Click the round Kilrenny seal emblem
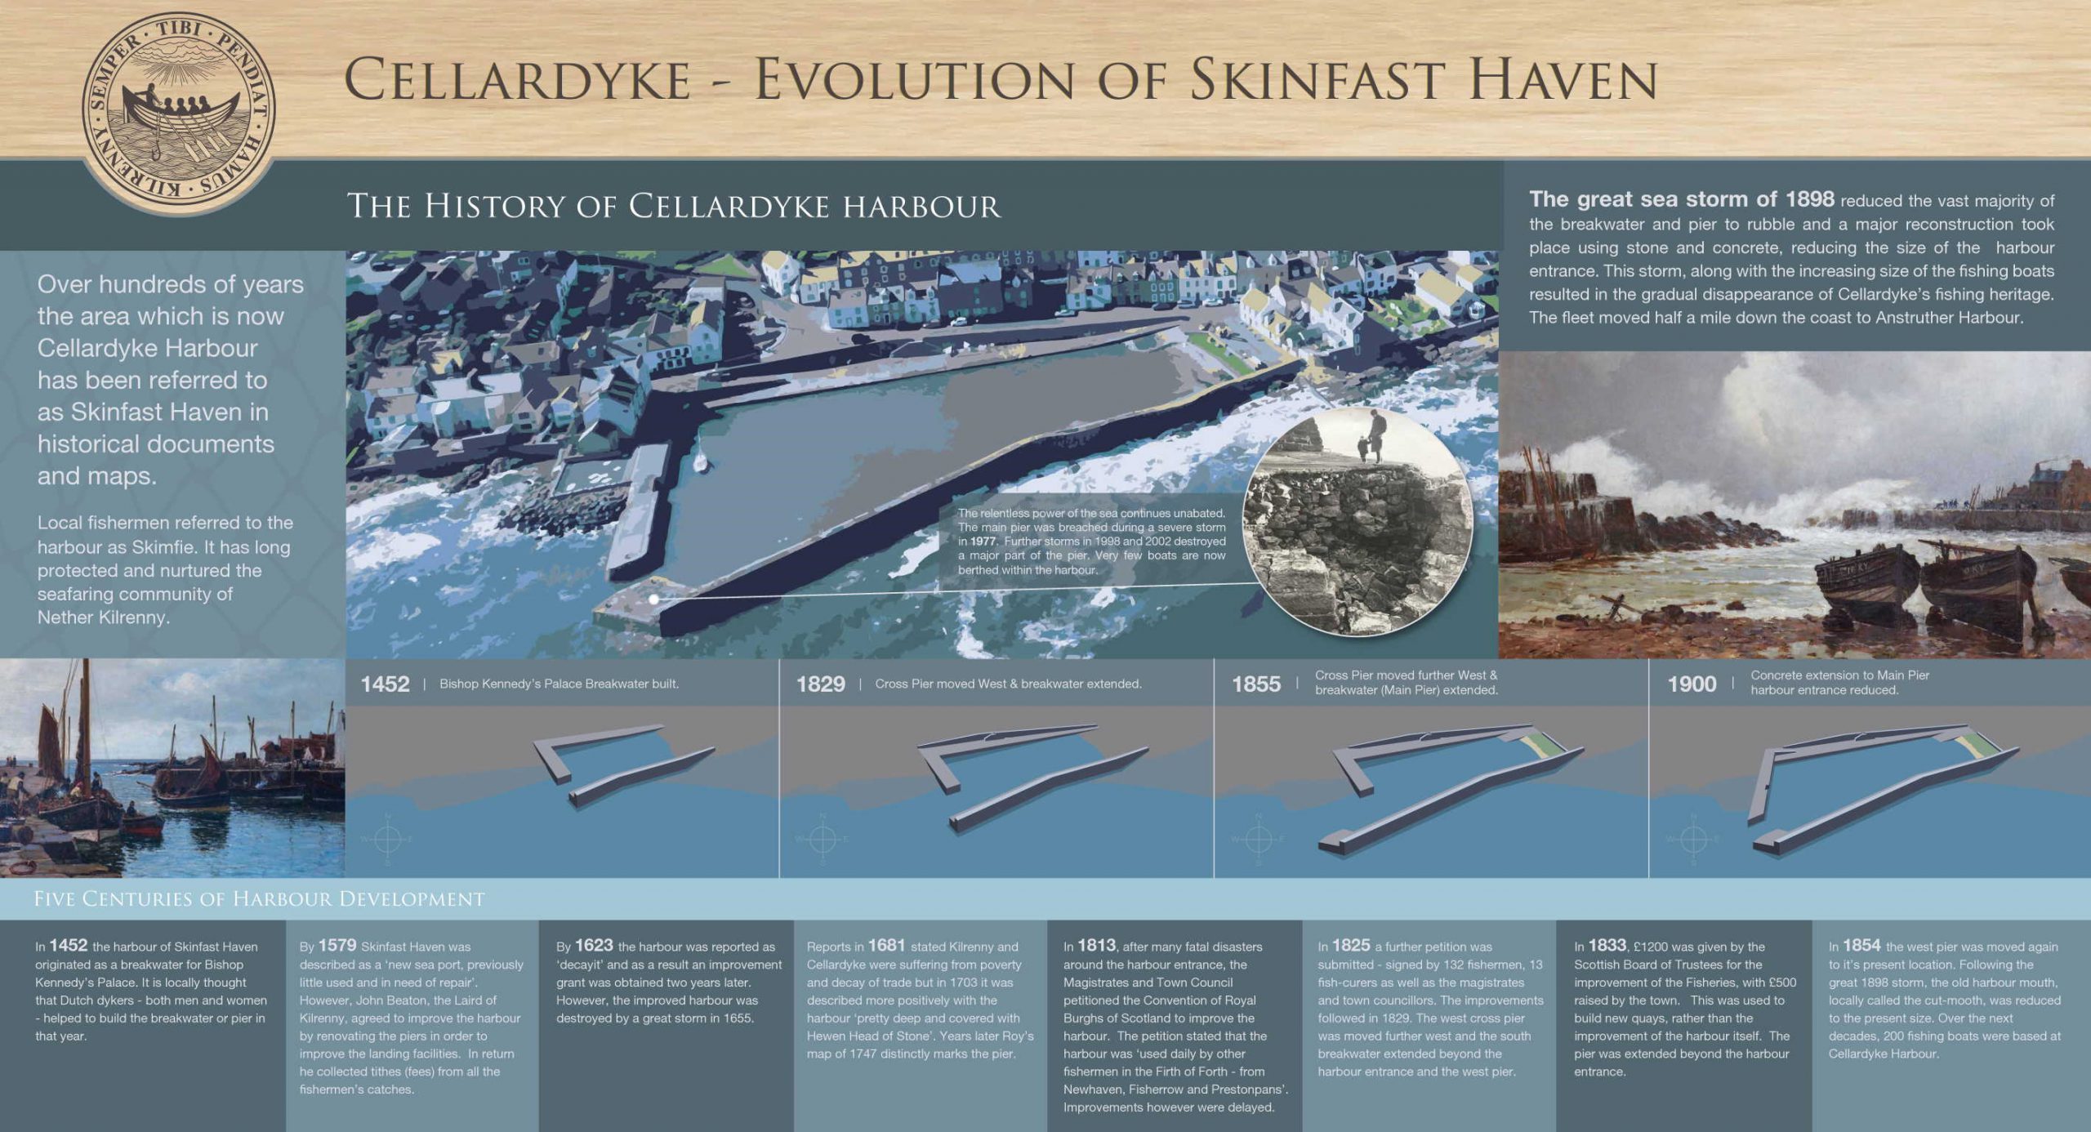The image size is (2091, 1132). click(180, 110)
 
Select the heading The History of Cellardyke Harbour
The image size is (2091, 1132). click(674, 207)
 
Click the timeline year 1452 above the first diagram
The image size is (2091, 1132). click(385, 684)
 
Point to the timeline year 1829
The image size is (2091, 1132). click(820, 684)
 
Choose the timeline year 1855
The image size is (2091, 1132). click(1256, 684)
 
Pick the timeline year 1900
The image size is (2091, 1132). click(1692, 684)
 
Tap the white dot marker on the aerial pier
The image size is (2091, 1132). click(654, 599)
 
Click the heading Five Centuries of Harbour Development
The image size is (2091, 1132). click(259, 899)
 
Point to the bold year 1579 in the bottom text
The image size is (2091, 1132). click(337, 946)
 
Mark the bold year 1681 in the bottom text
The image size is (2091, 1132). click(886, 946)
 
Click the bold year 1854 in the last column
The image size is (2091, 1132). click(1862, 946)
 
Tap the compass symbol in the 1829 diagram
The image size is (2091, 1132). click(823, 839)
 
